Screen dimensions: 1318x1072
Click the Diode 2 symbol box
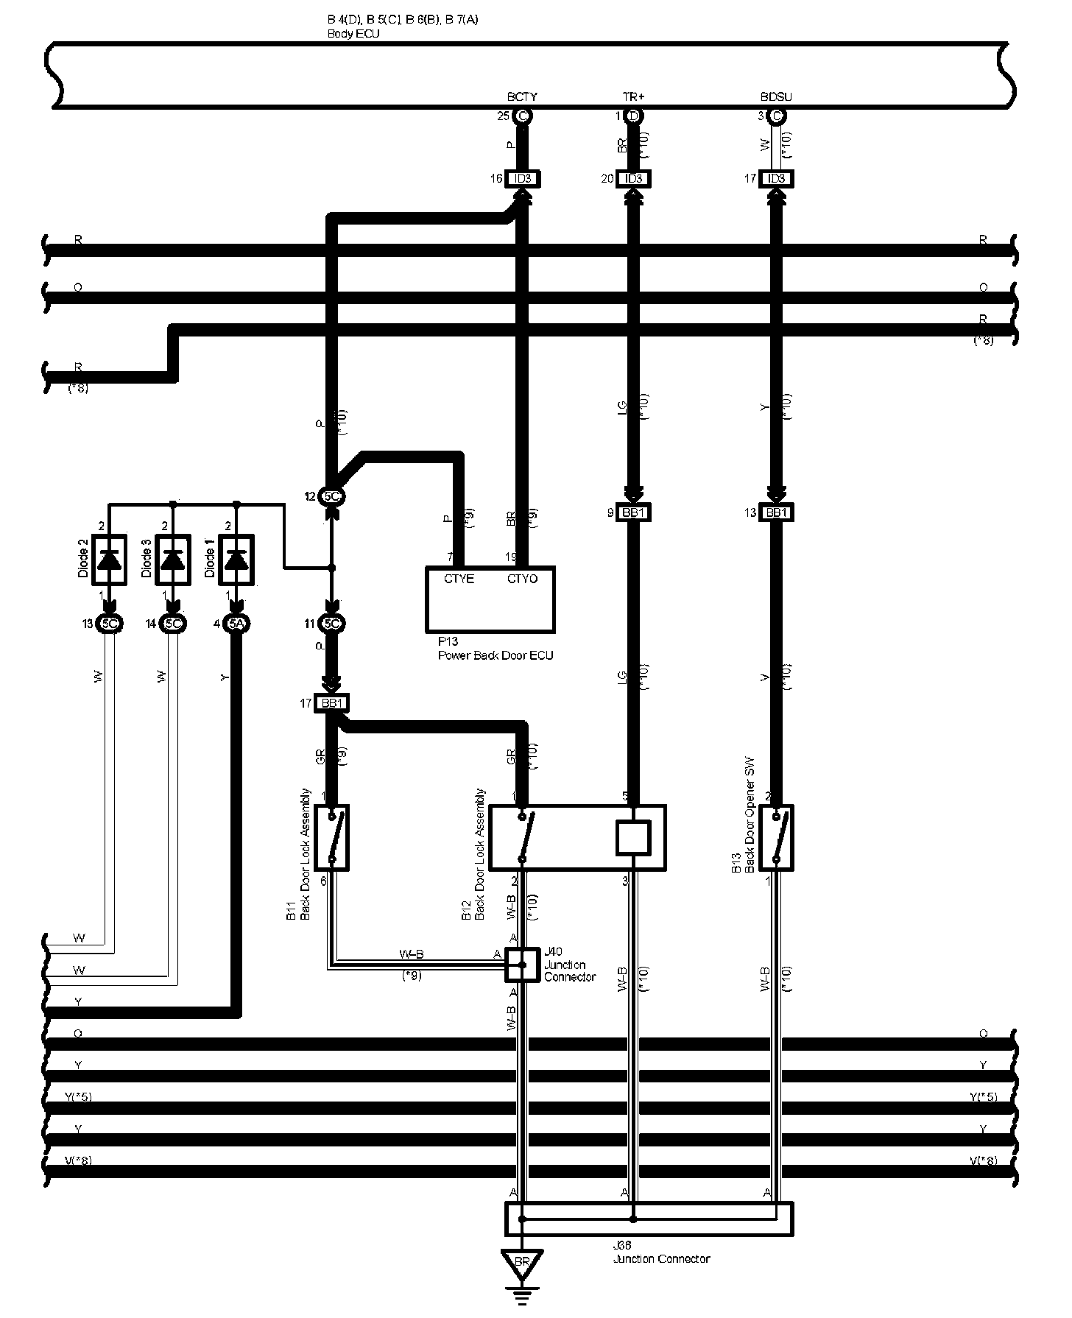(x=110, y=560)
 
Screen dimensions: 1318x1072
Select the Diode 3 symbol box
(x=172, y=560)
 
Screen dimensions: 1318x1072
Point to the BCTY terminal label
(x=522, y=97)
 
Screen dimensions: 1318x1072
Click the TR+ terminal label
(x=633, y=97)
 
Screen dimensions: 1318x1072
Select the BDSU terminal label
(x=776, y=97)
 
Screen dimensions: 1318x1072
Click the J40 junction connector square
(x=522, y=965)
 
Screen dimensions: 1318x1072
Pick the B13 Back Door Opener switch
(x=776, y=838)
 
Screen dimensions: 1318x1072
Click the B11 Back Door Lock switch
(x=332, y=838)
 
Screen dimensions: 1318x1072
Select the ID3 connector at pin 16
(x=523, y=179)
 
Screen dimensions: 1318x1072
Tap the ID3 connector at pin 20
(x=633, y=179)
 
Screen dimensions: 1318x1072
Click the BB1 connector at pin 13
(x=776, y=512)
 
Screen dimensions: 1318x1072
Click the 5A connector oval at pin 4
(x=236, y=624)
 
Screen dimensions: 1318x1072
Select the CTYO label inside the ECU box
(x=522, y=579)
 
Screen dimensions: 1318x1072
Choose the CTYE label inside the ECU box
(x=459, y=579)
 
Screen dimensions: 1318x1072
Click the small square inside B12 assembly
(x=633, y=838)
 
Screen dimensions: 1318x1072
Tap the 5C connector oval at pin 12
(x=332, y=497)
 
